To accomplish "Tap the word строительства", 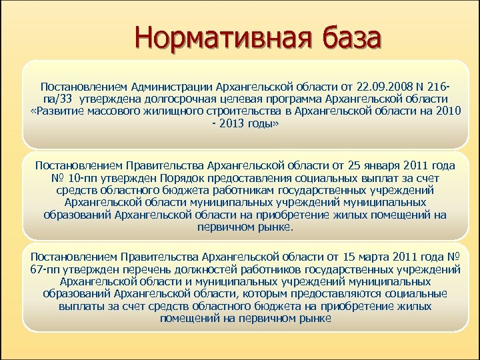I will click(x=242, y=111).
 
